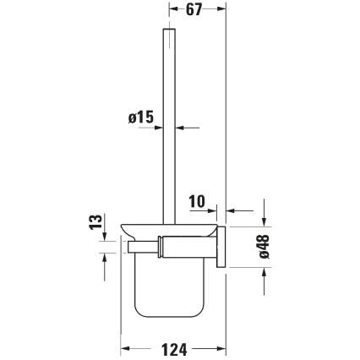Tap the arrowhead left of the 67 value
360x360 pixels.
(x=172, y=12)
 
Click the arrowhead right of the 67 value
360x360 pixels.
(x=223, y=12)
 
